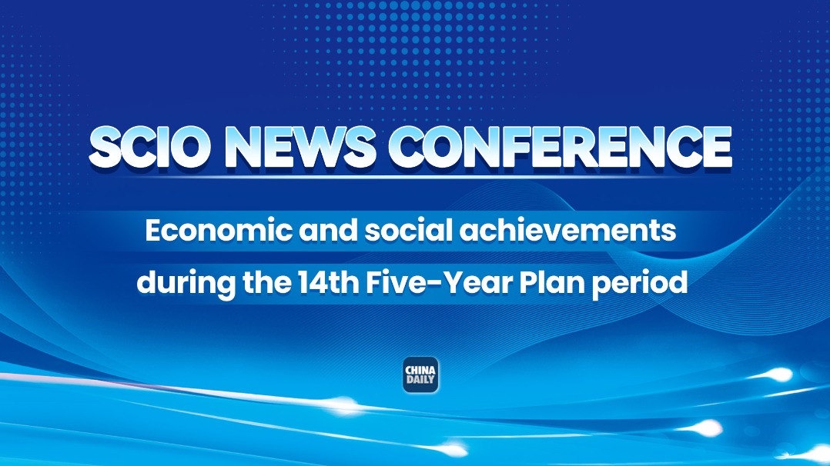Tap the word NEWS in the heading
point(300,147)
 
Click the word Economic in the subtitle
point(219,230)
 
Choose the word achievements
point(567,230)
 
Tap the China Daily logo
point(421,375)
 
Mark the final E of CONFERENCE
point(718,148)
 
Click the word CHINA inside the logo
point(421,370)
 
